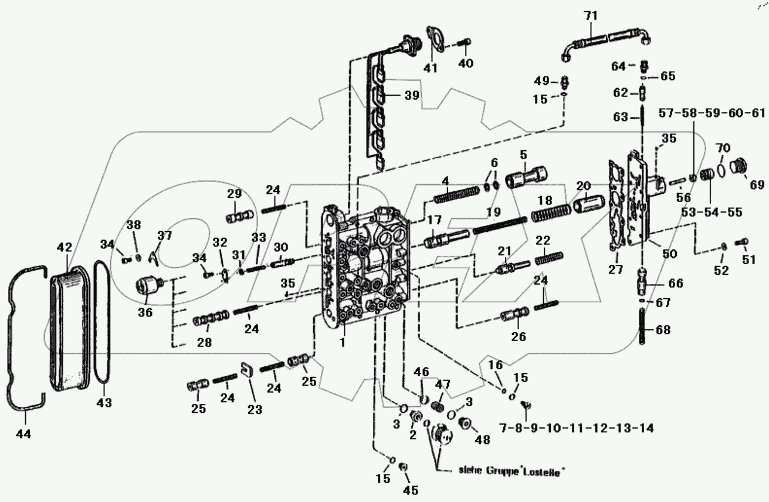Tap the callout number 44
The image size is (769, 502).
(24, 434)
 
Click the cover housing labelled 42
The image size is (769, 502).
(69, 329)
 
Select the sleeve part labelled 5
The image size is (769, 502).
(527, 176)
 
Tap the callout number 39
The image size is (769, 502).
(411, 95)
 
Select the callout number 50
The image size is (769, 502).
(669, 254)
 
